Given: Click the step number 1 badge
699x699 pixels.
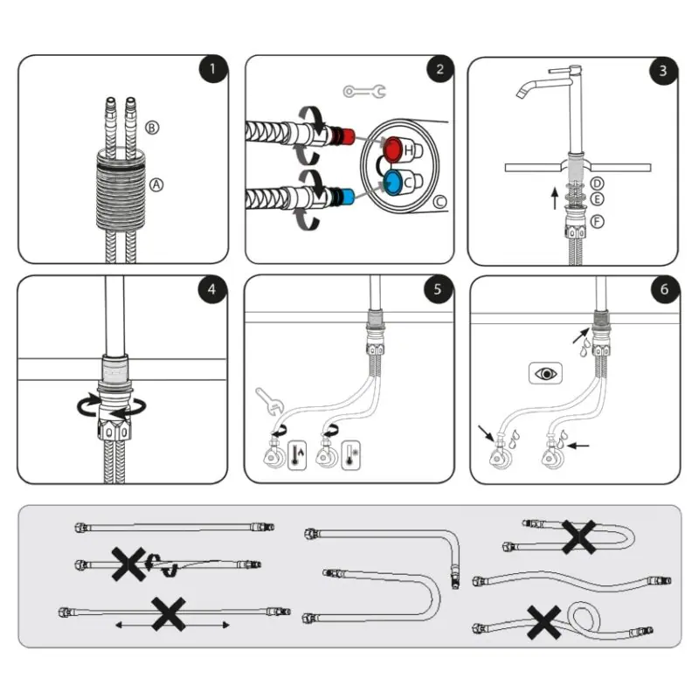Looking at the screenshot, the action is click(212, 68).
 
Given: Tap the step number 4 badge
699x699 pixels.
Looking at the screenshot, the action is click(211, 289).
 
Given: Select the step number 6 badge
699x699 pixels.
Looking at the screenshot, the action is click(664, 289).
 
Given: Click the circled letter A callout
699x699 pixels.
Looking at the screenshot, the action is click(156, 184).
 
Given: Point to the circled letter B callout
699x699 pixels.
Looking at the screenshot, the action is click(152, 128).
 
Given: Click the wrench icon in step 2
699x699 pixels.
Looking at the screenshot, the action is click(364, 92).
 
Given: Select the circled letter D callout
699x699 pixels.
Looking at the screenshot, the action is click(597, 183).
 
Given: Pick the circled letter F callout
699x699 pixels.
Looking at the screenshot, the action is click(597, 221).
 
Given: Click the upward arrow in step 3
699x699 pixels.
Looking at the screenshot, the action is click(555, 198).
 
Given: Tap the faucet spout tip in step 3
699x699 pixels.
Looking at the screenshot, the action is click(520, 93).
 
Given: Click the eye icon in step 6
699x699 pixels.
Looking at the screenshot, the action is click(545, 373).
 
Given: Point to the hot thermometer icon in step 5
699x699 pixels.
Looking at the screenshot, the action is click(297, 455).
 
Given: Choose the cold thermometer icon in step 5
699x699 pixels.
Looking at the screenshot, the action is click(351, 455).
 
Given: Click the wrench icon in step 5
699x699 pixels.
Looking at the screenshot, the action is click(269, 401).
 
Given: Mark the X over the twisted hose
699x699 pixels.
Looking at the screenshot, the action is click(128, 564).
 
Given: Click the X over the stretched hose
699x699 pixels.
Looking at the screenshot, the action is click(169, 614).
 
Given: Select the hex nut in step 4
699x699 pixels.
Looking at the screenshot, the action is click(114, 428).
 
